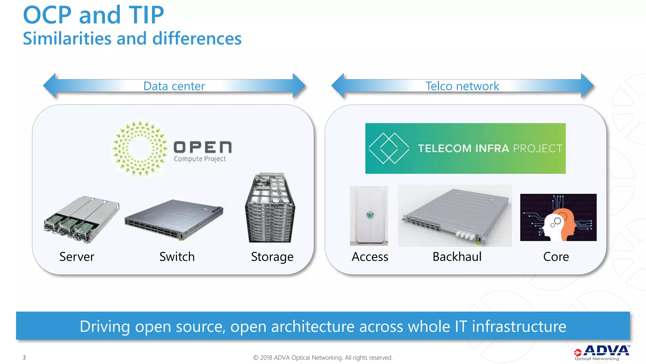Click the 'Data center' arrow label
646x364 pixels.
coord(174,86)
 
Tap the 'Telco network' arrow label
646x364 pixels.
coord(462,86)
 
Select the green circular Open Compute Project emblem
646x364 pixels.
coord(140,148)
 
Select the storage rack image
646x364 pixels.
coord(270,208)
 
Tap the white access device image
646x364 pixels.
coord(369,215)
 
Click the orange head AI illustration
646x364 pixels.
coord(558,217)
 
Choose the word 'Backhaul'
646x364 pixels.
coord(457,257)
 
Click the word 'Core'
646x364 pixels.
coord(556,257)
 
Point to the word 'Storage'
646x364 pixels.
coord(272,257)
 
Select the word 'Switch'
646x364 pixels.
coord(177,257)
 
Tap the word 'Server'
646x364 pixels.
coord(77,257)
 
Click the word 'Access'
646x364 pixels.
coord(370,257)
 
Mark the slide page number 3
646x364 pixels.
coord(24,357)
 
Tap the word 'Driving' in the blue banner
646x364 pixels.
coord(104,326)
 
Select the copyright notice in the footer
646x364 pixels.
coord(323,357)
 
